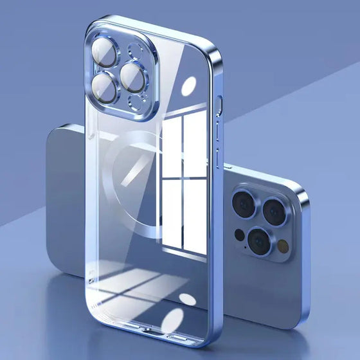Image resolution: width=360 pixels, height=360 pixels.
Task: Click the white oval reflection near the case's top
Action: point(189,87)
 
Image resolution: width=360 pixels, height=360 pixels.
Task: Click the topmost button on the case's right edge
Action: point(219,106)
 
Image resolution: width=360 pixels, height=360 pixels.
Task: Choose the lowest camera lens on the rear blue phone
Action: point(260,241)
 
